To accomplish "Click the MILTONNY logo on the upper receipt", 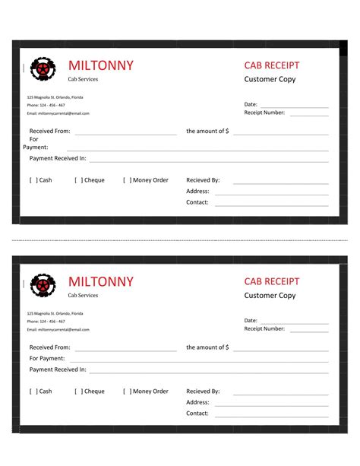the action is pos(43,70).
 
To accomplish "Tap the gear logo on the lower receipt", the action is pos(43,286).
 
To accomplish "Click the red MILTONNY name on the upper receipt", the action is pos(100,65).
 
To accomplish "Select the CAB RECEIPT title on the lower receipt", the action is pos(272,281).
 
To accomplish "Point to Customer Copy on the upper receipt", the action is pos(270,79).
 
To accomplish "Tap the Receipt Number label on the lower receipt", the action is pos(264,328).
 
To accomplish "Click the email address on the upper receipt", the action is pos(58,113).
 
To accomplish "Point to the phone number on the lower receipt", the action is pos(46,321).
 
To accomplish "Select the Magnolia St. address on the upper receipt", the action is pos(55,97).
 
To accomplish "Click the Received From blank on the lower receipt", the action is pos(125,350).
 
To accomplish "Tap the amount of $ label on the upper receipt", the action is pos(207,131).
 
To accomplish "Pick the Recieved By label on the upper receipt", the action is pos(203,180).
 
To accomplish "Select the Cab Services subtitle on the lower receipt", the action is pos(83,295).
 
